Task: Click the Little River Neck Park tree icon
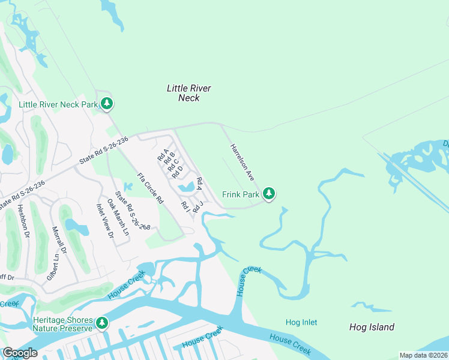106,104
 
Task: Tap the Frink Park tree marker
270,194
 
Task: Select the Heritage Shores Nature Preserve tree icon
102,324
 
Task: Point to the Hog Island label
372,327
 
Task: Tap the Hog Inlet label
301,322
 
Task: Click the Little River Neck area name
189,92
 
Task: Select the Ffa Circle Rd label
150,188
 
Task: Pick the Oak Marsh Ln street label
118,214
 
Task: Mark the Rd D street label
176,172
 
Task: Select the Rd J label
198,207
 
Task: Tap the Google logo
20,353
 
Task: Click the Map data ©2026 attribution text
424,355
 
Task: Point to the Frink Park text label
241,194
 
